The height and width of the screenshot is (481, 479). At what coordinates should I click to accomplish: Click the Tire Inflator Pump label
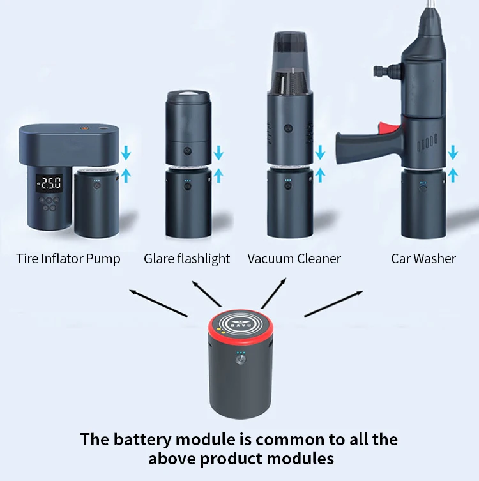[x=68, y=259]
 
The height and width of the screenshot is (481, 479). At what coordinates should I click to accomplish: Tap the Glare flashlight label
[x=186, y=259]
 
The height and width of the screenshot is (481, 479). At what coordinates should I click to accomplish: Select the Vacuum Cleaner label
[x=294, y=259]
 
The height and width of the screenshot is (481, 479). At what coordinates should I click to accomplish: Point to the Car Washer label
[x=423, y=259]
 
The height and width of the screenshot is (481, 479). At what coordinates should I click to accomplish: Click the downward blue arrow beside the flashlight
[x=218, y=153]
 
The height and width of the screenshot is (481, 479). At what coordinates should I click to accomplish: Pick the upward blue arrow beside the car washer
[x=453, y=174]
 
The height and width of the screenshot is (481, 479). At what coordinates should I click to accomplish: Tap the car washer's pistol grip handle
[x=358, y=146]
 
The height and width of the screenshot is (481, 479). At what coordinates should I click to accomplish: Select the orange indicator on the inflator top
[x=84, y=127]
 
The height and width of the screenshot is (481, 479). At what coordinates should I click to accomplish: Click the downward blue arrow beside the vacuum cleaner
[x=320, y=153]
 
